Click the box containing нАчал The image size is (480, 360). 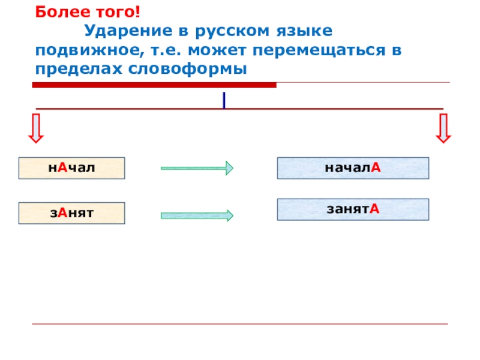71,168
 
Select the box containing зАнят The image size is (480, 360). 71,213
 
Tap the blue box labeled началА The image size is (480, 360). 353,168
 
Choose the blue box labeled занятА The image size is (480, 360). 353,209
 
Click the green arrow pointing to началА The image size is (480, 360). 197,169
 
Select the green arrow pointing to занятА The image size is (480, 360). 197,215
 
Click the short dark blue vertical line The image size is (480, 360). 224,100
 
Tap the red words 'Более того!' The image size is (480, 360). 75,12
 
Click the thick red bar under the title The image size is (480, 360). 154,85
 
